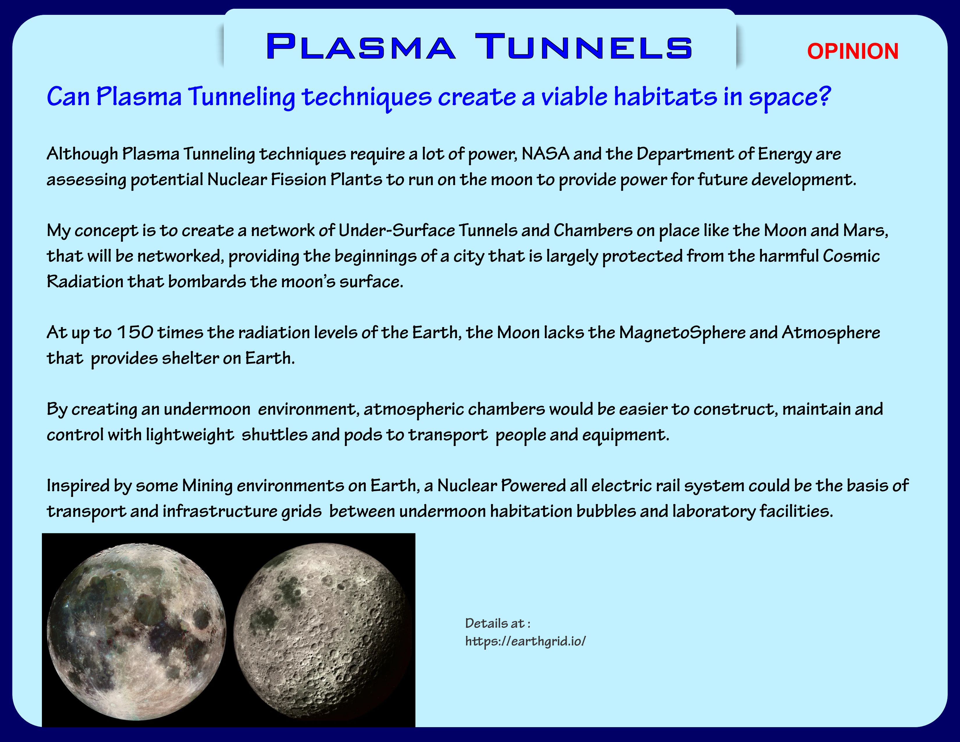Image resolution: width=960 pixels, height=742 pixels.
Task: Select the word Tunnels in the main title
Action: click(x=584, y=46)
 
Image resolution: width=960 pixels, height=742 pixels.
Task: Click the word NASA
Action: click(x=545, y=154)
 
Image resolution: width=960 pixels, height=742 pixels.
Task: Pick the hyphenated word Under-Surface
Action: click(x=397, y=230)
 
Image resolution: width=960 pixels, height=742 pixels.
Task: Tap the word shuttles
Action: click(x=274, y=435)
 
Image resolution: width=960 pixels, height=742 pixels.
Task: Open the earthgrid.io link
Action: click(x=526, y=641)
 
